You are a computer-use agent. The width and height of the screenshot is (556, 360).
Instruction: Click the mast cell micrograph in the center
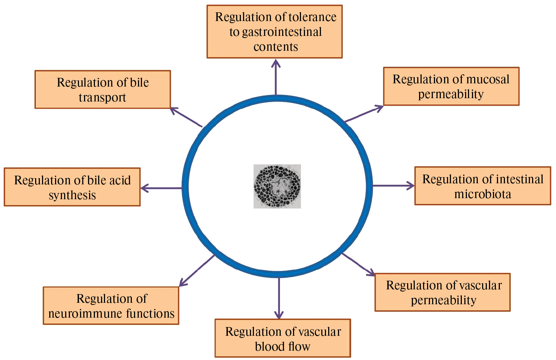[x=277, y=186]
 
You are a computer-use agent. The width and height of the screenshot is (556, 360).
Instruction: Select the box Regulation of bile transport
[x=103, y=89]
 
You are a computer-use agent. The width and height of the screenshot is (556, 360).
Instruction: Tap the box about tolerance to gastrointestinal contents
[x=275, y=32]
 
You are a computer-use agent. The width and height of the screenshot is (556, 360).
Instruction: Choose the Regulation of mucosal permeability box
[x=451, y=86]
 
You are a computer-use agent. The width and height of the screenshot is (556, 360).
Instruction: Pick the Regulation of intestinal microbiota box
[x=482, y=186]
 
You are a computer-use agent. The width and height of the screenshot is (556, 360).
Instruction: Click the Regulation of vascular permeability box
[x=442, y=292]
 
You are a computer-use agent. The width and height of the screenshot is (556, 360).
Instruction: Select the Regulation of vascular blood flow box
[x=283, y=338]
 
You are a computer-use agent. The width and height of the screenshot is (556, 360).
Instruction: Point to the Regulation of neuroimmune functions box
[x=111, y=305]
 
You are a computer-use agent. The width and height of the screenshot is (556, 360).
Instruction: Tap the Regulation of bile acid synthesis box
[x=72, y=187]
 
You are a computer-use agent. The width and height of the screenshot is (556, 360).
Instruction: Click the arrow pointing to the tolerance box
[x=276, y=77]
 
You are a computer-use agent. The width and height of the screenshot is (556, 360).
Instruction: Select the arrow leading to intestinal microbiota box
[x=393, y=185]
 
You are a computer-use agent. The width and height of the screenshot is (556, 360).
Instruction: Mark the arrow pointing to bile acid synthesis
[x=161, y=188]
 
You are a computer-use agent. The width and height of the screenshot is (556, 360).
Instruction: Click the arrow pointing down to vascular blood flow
[x=279, y=298]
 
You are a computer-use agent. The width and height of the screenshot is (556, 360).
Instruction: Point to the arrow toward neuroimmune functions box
[x=197, y=271]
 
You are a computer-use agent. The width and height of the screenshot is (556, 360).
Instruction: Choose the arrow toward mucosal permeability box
[x=363, y=114]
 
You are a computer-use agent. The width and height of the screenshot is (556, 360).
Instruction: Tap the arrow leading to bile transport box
[x=186, y=117]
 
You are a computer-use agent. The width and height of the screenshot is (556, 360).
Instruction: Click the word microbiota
[x=482, y=194]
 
